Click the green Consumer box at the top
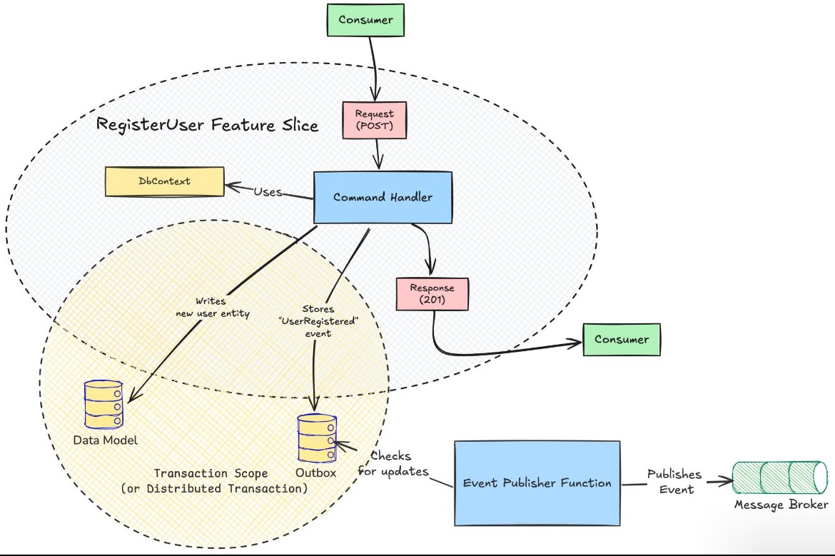pos(365,20)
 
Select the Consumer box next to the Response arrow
pos(621,339)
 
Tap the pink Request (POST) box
pos(375,119)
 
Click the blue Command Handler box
pos(383,197)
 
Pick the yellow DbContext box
pos(164,182)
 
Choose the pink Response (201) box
pos(432,293)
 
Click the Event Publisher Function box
pos(537,483)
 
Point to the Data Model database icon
pos(103,403)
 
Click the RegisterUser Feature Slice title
pos(207,126)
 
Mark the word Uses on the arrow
pos(268,193)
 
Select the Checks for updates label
pos(399,464)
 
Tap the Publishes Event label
pos(674,482)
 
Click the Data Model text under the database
pos(105,439)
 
